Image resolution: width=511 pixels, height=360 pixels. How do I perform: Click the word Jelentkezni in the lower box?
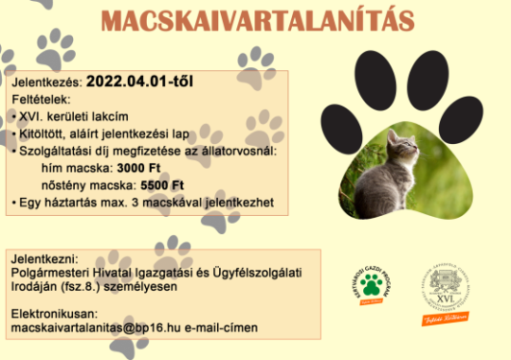42,259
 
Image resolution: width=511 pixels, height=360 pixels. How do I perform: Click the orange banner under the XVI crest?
443,318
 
